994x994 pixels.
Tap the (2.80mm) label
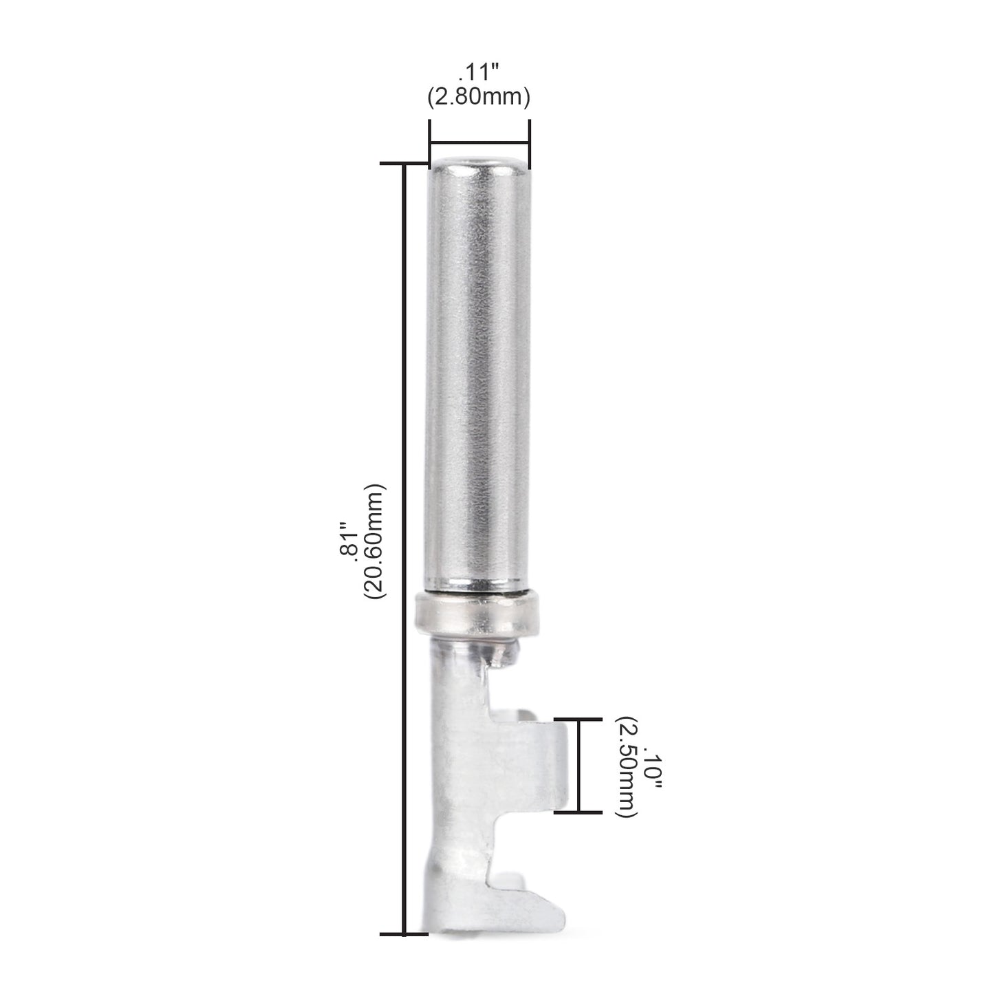(x=478, y=98)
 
